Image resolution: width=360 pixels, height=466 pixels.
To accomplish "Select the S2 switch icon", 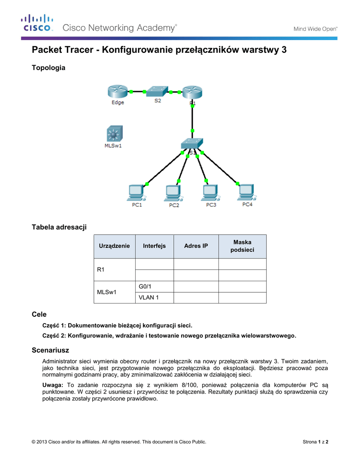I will (x=157, y=90).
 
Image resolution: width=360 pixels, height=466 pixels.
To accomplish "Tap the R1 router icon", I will (x=192, y=92).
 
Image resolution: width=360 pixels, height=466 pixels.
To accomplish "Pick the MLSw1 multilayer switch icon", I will (x=113, y=134).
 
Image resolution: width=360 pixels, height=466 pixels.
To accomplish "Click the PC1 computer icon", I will (x=136, y=193).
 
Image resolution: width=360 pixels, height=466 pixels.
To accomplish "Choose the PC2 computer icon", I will (x=173, y=193).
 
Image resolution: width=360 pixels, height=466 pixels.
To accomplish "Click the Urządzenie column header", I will (x=114, y=246).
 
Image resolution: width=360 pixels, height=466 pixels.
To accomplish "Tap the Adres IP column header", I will (x=196, y=246).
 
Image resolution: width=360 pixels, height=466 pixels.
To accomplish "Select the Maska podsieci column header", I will (x=242, y=246).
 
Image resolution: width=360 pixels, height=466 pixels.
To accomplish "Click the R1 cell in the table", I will (x=101, y=270).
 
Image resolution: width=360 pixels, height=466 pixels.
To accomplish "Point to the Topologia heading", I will (x=48, y=68).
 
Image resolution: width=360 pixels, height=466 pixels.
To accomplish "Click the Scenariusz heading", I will (x=50, y=350).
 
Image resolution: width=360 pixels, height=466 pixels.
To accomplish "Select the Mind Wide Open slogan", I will (x=315, y=28).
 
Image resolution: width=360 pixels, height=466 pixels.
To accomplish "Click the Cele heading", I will (x=39, y=314).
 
